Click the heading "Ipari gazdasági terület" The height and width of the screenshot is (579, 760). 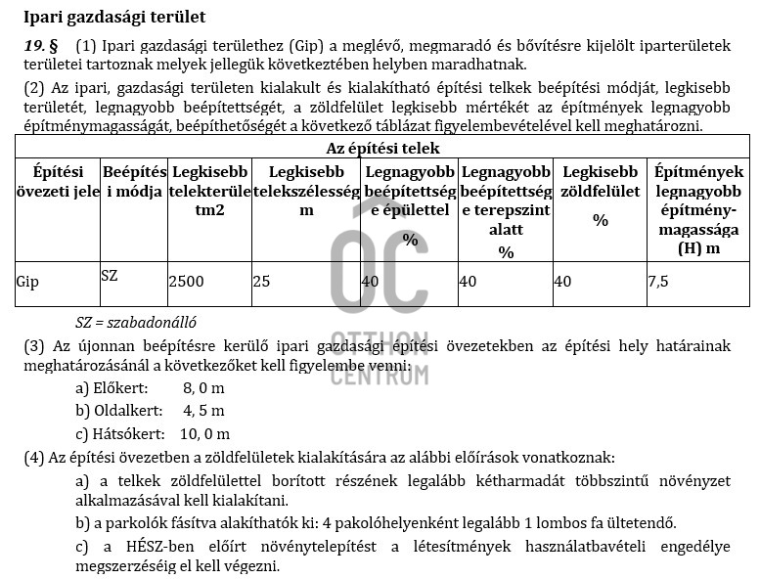coord(115,18)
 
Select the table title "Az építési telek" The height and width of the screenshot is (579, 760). coord(381,149)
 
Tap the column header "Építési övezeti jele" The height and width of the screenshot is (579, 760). coord(57,181)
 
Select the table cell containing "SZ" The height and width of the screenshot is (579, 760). coord(109,276)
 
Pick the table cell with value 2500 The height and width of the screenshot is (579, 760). coord(187,282)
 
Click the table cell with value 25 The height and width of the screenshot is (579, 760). coord(261,282)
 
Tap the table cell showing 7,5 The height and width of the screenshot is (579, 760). coord(658,282)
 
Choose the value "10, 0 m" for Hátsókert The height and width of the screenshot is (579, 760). coord(205,433)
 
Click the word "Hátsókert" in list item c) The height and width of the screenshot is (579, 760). coord(134,433)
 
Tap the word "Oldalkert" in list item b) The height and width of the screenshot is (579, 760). coord(132,411)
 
